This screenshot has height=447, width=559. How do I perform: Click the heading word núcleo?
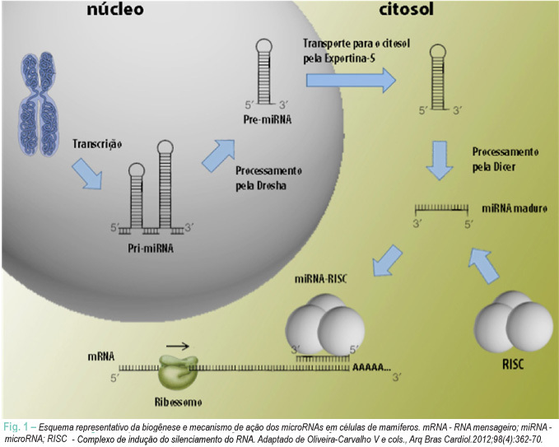pyautogui.click(x=115, y=9)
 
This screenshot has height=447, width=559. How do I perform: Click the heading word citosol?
pyautogui.click(x=406, y=9)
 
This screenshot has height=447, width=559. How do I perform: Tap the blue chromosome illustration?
pyautogui.click(x=39, y=104)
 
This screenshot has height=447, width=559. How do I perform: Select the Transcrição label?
pyautogui.click(x=97, y=144)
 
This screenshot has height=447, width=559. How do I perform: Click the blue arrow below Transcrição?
pyautogui.click(x=87, y=174)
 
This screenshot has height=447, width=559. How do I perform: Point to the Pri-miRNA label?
pyautogui.click(x=151, y=248)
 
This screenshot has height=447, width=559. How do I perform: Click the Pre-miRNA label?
pyautogui.click(x=268, y=119)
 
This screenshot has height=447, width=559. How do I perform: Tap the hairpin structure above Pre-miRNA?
pyautogui.click(x=264, y=72)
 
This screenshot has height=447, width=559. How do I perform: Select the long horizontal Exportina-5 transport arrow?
pyautogui.click(x=352, y=81)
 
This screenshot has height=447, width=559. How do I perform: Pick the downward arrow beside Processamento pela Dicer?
pyautogui.click(x=440, y=160)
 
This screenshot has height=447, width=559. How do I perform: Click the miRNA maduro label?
pyautogui.click(x=515, y=208)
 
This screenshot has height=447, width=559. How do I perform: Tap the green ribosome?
pyautogui.click(x=177, y=372)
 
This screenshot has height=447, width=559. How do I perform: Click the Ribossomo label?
pyautogui.click(x=179, y=403)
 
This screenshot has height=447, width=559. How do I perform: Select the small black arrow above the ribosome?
pyautogui.click(x=178, y=346)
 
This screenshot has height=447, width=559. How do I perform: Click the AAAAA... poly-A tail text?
pyautogui.click(x=371, y=367)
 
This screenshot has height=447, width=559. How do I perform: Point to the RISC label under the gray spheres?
pyautogui.click(x=513, y=365)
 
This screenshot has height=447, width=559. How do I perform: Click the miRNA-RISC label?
pyautogui.click(x=320, y=279)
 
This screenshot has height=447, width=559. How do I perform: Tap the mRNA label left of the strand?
pyautogui.click(x=101, y=356)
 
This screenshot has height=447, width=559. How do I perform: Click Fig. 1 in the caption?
pyautogui.click(x=16, y=427)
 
